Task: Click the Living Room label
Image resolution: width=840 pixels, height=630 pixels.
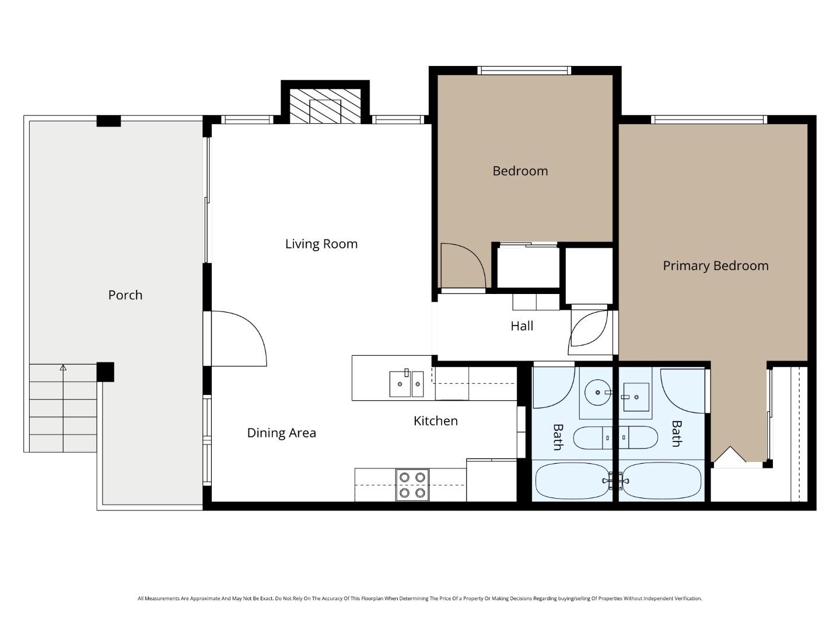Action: (x=321, y=244)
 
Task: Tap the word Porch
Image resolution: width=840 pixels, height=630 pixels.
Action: (x=125, y=295)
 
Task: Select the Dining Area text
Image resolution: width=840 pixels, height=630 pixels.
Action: (x=281, y=433)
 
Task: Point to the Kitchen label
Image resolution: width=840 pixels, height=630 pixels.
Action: (x=435, y=421)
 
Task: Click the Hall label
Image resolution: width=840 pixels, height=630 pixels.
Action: (x=521, y=326)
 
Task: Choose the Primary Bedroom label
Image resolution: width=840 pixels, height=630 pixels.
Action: (x=715, y=266)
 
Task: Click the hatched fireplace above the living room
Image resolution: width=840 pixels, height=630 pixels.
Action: (x=325, y=107)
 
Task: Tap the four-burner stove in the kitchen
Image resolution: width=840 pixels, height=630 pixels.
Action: (x=412, y=485)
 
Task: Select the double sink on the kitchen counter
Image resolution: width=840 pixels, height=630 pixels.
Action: (x=406, y=383)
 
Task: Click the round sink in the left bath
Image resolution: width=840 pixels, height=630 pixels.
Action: (x=597, y=392)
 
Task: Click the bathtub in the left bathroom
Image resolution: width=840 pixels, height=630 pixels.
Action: (x=573, y=481)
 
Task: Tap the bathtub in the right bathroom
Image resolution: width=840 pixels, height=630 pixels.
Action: (x=661, y=481)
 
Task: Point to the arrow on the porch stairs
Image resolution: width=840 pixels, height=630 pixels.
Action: (x=63, y=368)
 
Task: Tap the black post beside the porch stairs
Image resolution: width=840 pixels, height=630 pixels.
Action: (x=105, y=372)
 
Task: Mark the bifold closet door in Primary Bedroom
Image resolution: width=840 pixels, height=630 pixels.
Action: (x=730, y=457)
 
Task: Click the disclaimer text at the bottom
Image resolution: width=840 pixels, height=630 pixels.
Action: (x=419, y=598)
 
